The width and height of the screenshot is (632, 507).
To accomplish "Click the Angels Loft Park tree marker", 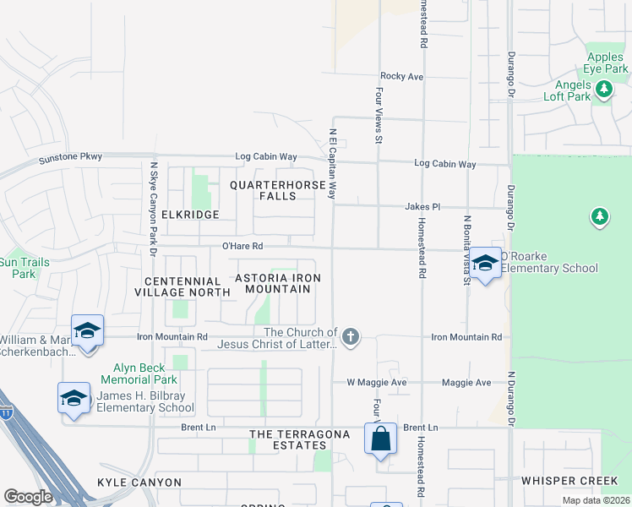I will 603,88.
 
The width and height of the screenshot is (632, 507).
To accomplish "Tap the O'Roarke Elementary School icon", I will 485,264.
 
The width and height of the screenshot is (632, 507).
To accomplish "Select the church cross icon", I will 351,338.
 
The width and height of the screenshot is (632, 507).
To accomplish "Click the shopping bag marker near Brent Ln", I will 380,439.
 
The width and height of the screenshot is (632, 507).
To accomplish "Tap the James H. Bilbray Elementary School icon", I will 74,398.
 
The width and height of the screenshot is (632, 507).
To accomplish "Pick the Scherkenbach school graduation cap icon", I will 87,330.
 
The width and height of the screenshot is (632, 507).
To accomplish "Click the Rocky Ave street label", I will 401,76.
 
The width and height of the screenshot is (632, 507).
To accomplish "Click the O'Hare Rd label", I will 242,246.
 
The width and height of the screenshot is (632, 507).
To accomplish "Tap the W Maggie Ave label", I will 377,383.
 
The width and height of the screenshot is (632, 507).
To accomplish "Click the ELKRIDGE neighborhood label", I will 192,215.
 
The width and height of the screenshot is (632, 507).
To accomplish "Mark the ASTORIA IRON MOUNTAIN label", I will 278,283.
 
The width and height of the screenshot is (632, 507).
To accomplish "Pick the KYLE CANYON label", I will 139,482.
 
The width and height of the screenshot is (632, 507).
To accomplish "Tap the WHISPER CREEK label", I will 569,481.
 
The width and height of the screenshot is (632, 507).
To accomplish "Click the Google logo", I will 28,497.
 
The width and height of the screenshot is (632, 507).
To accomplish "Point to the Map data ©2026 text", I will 595,501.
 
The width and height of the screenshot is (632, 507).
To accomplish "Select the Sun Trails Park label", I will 25,268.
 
